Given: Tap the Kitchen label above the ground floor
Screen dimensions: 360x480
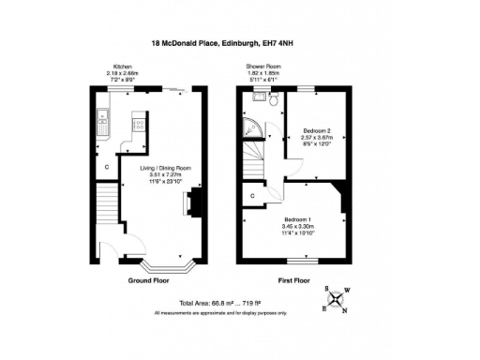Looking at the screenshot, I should point(122,67).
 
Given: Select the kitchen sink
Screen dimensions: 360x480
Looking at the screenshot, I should point(102,120).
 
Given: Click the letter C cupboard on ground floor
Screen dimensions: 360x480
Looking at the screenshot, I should point(108,168).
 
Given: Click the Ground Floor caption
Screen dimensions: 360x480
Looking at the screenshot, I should point(148,280).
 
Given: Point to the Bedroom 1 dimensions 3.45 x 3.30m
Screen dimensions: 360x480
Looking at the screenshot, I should point(300,228).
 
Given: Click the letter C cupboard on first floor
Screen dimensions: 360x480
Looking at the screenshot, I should point(254,195).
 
